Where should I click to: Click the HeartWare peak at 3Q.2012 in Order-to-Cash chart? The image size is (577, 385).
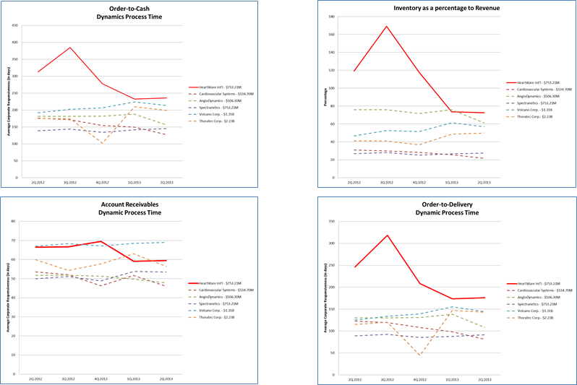click(x=69, y=48)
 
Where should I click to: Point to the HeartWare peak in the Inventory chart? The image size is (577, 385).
click(x=387, y=27)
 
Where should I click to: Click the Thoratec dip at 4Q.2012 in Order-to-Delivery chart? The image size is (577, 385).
click(x=419, y=355)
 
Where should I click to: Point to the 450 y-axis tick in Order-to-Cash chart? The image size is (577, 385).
click(x=14, y=25)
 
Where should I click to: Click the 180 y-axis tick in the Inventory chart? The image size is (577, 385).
click(x=333, y=17)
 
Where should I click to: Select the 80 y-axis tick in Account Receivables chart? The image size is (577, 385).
click(x=16, y=221)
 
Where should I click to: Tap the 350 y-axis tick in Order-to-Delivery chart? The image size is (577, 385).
click(x=331, y=222)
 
